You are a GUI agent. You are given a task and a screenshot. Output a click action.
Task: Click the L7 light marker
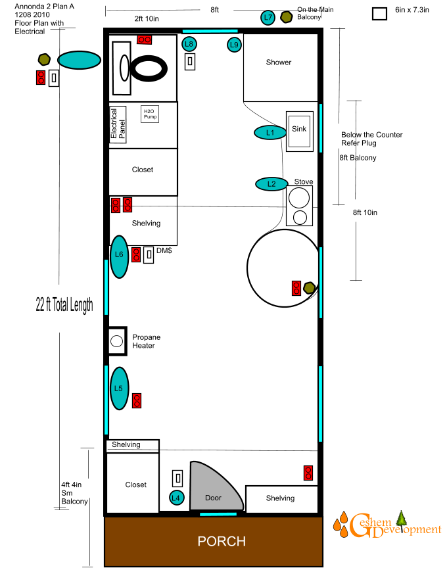pyautogui.click(x=268, y=17)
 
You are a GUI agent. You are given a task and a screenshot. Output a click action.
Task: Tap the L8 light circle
pyautogui.click(x=189, y=44)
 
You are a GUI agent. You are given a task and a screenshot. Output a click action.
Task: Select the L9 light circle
pyautogui.click(x=234, y=45)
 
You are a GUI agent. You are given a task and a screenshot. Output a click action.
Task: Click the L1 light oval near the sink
pyautogui.click(x=270, y=133)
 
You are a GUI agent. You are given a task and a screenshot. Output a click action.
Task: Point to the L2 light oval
pyautogui.click(x=271, y=184)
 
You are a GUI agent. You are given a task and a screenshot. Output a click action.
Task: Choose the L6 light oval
pyautogui.click(x=119, y=257)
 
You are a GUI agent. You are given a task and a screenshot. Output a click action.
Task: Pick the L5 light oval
pyautogui.click(x=119, y=389)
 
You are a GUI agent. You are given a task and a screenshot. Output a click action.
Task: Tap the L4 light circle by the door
pyautogui.click(x=176, y=498)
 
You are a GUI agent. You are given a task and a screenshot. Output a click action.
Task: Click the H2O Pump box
pyautogui.click(x=150, y=114)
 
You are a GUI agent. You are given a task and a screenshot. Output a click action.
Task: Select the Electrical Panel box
pyautogui.click(x=118, y=125)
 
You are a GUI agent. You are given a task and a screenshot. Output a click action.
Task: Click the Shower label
pyautogui.click(x=279, y=62)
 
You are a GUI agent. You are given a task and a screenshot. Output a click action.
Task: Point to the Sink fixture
pyautogui.click(x=300, y=131)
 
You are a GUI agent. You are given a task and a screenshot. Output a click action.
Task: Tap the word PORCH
pyautogui.click(x=222, y=541)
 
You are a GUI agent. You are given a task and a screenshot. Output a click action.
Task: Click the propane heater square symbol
pyautogui.click(x=118, y=341)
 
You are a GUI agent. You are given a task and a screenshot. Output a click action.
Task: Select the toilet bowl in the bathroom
pyautogui.click(x=149, y=68)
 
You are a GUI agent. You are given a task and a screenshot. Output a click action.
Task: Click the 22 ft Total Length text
pyautogui.click(x=64, y=305)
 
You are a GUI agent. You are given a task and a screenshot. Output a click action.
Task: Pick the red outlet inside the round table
pyautogui.click(x=296, y=289)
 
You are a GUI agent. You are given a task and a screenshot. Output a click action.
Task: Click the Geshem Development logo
pyautogui.click(x=387, y=525)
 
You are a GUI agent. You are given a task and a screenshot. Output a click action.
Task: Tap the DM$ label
pyautogui.click(x=164, y=250)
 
